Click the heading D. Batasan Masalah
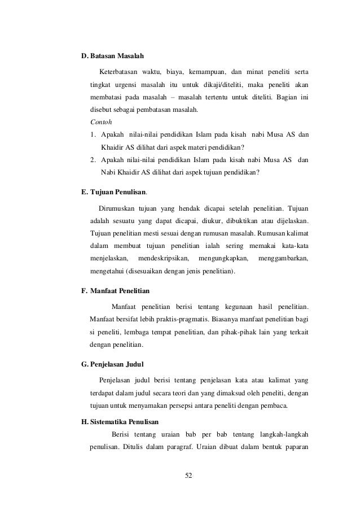pyautogui.click(x=113, y=56)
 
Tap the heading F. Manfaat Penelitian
pyautogui.click(x=115, y=291)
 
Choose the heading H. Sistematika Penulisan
pyautogui.click(x=120, y=421)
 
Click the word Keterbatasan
pyautogui.click(x=118, y=72)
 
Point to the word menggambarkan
pyautogui.click(x=283, y=259)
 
